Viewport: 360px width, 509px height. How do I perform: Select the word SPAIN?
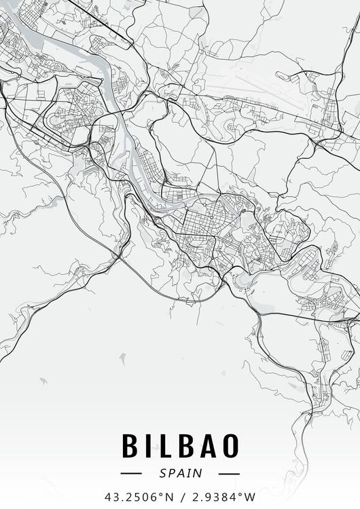point(180,473)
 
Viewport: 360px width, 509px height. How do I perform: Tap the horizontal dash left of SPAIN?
point(130,473)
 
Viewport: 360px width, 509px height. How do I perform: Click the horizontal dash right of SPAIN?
point(230,473)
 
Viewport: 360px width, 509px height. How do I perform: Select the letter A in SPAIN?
point(180,473)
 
